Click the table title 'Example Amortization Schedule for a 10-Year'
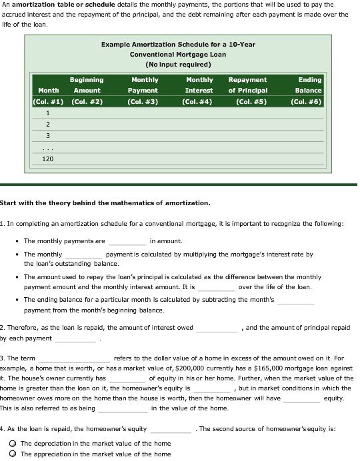click(x=178, y=44)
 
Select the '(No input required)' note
click(x=178, y=65)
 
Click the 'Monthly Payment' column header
click(x=143, y=85)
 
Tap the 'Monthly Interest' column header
click(x=199, y=85)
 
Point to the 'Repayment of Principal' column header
click(x=247, y=85)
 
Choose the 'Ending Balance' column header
click(x=309, y=85)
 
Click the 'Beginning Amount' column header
click(x=87, y=85)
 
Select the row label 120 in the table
click(x=48, y=159)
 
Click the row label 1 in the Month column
click(x=48, y=113)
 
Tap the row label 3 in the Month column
click(x=48, y=135)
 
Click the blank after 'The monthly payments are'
click(x=127, y=242)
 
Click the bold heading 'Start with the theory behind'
click(x=105, y=203)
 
